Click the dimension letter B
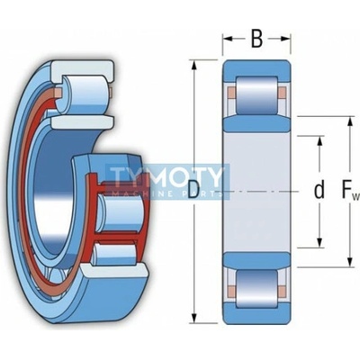[256, 39]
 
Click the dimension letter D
[193, 190]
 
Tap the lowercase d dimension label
[319, 190]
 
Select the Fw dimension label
[350, 191]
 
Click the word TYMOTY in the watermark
[166, 176]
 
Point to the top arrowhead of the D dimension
[194, 66]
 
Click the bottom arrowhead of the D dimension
[194, 318]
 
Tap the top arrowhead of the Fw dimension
[350, 122]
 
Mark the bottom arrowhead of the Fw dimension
[350, 261]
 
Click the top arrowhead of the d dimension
[319, 141]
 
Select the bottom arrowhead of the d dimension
[319, 242]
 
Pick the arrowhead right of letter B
[285, 39]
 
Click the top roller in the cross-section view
[256, 95]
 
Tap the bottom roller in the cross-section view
[256, 288]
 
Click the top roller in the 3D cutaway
[84, 94]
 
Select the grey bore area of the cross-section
[256, 192]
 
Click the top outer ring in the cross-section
[256, 70]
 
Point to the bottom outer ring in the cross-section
[256, 313]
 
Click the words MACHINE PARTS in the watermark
[166, 194]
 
